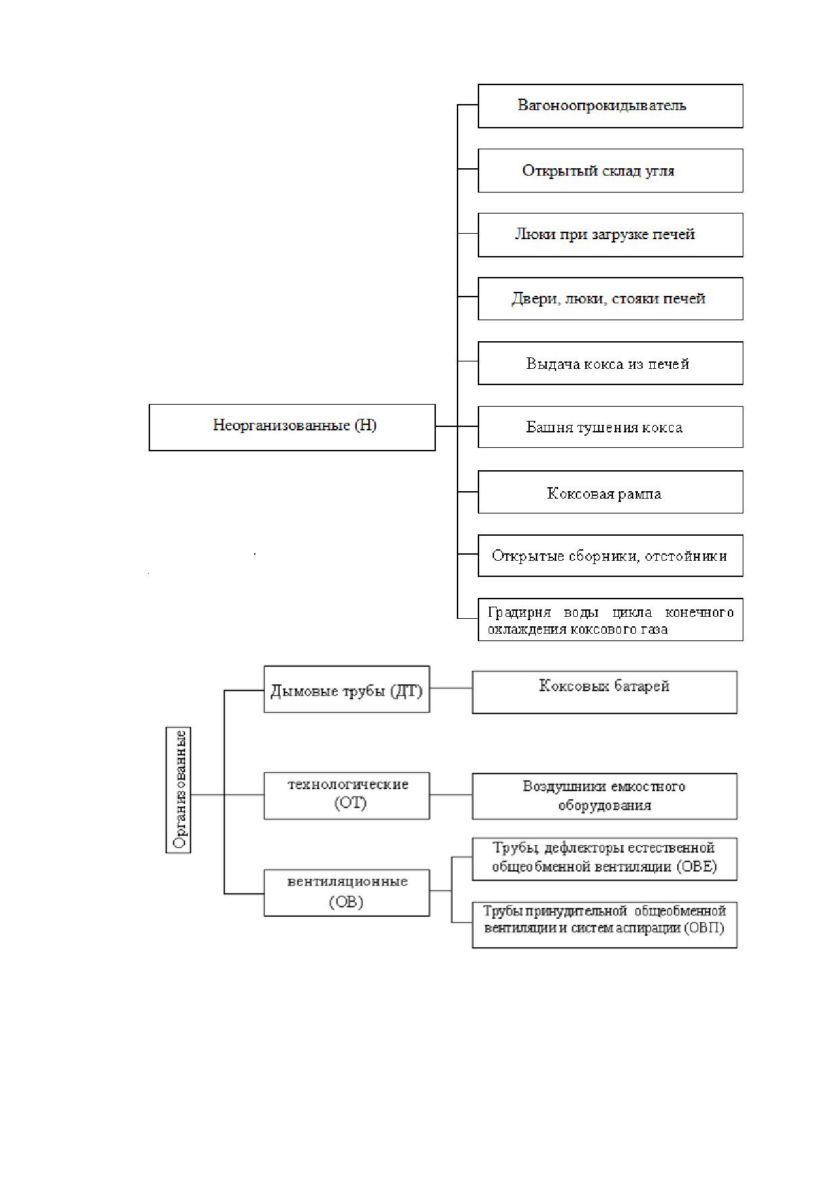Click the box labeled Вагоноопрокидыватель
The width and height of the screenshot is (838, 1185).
point(610,106)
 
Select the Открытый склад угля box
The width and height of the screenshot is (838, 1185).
point(610,170)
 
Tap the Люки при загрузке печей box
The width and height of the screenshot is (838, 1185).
point(610,235)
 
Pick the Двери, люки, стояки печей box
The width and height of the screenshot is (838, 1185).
point(610,299)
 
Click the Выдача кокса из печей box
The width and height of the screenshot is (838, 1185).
point(610,363)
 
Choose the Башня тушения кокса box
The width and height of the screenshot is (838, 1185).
point(610,427)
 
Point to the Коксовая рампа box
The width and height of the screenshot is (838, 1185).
point(610,492)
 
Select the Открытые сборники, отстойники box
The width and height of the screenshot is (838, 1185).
point(610,556)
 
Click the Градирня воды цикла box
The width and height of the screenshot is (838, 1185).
point(610,620)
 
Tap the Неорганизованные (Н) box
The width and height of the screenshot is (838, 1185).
point(292,428)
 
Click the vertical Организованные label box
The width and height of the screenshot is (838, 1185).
point(178,790)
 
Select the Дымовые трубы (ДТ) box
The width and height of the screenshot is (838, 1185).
point(347,689)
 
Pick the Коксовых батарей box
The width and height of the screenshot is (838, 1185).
point(605,692)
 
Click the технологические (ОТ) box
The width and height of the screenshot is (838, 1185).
point(347,796)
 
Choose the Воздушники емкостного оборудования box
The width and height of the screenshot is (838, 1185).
point(605,797)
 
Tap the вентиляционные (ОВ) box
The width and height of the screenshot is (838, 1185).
point(347,893)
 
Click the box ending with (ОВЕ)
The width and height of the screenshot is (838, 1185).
point(605,859)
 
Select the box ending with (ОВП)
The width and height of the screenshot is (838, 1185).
point(605,925)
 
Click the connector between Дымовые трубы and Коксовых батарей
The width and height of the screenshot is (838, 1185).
point(451,688)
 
